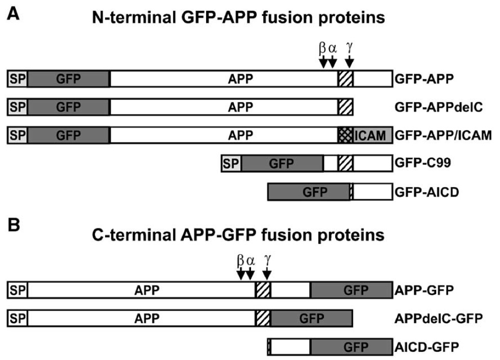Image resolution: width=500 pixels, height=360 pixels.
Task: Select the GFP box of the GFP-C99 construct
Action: click(x=282, y=164)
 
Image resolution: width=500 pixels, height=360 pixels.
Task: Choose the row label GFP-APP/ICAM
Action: click(x=442, y=136)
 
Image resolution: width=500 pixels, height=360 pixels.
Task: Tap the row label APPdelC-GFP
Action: click(x=438, y=319)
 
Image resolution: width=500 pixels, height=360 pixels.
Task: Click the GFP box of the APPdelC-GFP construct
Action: click(x=311, y=319)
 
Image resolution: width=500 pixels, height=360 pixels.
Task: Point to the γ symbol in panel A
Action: click(x=349, y=48)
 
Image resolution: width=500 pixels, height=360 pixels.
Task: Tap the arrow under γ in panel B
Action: click(x=267, y=274)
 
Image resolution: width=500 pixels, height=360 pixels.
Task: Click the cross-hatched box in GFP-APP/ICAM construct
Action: click(x=345, y=136)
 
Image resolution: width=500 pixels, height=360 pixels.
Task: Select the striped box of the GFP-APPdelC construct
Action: click(x=345, y=108)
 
